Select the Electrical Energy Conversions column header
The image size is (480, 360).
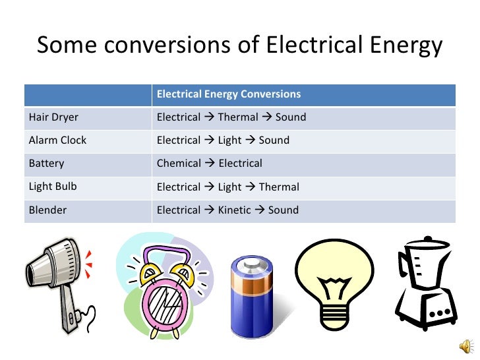tap(228, 94)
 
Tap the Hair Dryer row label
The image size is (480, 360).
tap(53, 117)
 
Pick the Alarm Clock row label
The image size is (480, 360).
tap(57, 140)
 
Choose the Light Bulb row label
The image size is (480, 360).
tap(53, 187)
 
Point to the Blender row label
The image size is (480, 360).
tap(47, 210)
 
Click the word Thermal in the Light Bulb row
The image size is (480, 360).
tap(279, 187)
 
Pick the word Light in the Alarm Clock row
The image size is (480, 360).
tap(229, 140)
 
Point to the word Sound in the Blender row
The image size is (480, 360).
tap(283, 210)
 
